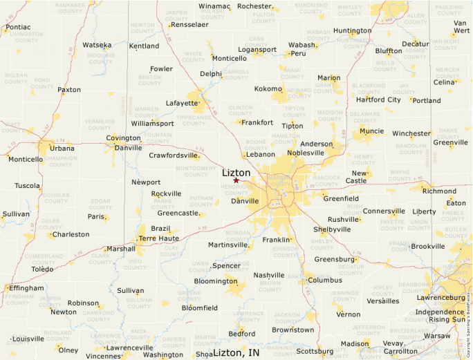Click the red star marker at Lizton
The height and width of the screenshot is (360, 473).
coord(236,180)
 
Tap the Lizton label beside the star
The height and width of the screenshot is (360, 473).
coord(236,172)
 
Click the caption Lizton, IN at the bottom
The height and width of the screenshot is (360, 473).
coord(236,352)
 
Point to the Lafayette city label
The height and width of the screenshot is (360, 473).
coord(182,103)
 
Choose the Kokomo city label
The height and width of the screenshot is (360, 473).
coord(268,88)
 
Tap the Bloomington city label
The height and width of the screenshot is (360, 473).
coord(215,281)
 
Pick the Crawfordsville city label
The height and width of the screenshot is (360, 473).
coord(174,155)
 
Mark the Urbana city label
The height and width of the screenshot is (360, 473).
coord(62,148)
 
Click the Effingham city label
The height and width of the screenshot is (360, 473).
coord(26,287)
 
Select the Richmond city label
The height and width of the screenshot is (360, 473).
coord(439,191)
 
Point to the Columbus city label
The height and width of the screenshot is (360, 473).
coord(325,280)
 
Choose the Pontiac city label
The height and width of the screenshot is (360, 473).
coord(17,28)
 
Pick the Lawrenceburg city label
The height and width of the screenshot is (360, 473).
coord(440,297)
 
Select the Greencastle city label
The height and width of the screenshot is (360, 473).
coord(178,213)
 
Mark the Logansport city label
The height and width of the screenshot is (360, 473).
coord(257,50)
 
